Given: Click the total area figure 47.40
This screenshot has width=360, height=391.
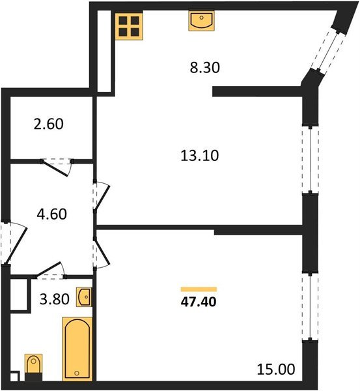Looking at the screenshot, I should coord(198,302).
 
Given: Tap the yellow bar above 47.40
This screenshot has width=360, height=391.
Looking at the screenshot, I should coord(198,289).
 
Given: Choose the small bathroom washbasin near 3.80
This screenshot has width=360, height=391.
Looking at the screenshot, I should coord(84,297).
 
